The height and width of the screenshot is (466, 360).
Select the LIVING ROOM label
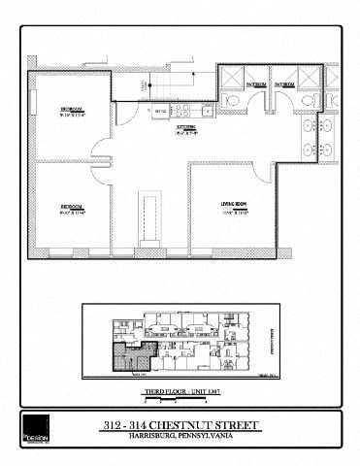click(230, 202)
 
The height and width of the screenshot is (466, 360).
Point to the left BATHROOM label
click(255, 84)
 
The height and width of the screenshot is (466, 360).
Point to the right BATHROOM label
click(283, 84)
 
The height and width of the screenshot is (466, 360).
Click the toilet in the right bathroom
click(309, 101)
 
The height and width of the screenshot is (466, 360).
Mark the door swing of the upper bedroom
click(100, 148)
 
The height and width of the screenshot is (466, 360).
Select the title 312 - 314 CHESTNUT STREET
click(180, 424)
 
